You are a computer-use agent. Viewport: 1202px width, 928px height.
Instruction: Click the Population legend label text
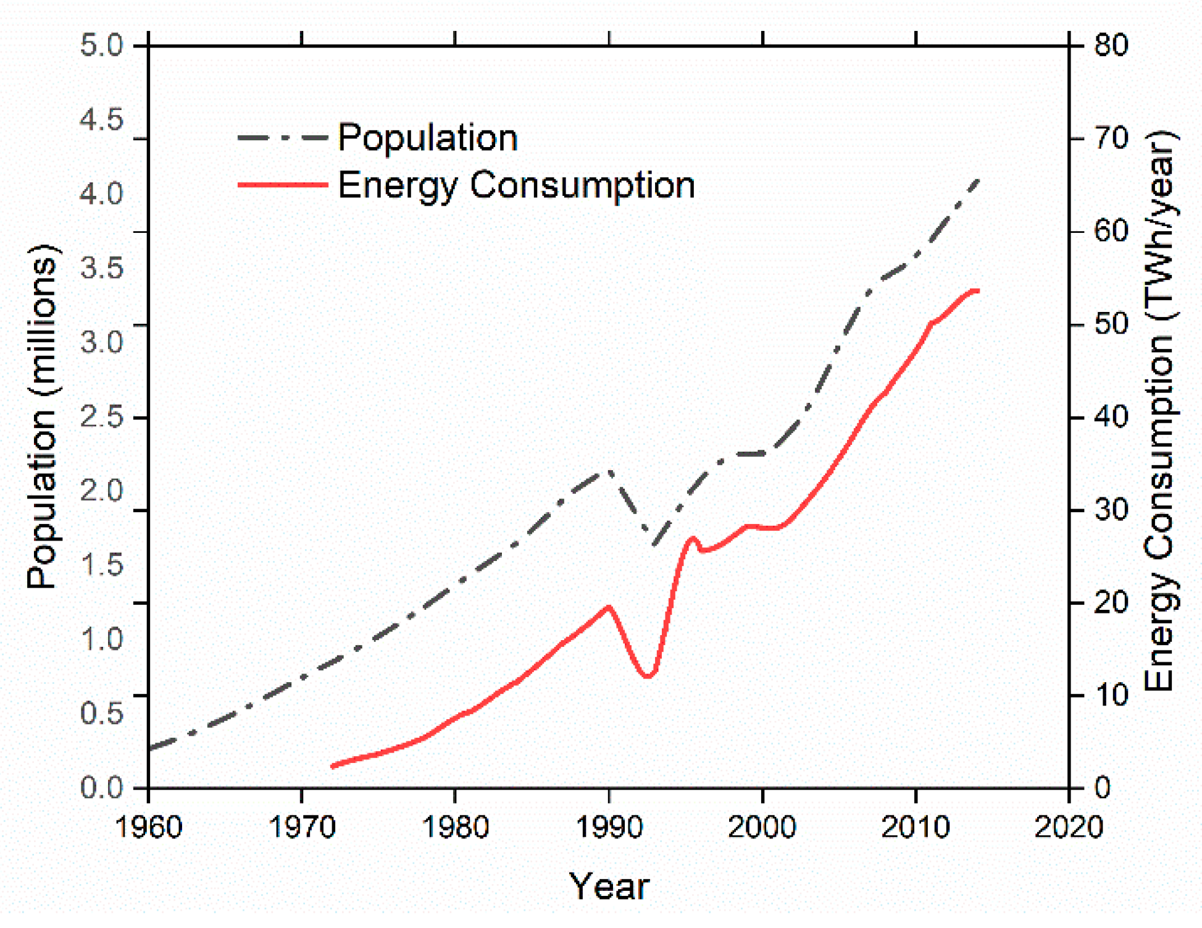coord(427,137)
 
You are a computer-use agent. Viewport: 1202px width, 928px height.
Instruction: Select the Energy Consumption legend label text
coord(516,185)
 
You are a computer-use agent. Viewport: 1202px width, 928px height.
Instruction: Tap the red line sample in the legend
coord(283,184)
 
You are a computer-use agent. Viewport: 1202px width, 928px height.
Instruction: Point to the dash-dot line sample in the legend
coord(283,137)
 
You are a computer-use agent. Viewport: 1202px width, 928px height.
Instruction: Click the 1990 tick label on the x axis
coord(609,827)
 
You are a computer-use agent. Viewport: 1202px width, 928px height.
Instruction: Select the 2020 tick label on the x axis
coord(1069,827)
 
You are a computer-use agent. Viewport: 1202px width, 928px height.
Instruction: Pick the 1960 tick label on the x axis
coord(149,827)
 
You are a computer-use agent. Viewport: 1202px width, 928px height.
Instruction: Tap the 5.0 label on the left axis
coord(102,46)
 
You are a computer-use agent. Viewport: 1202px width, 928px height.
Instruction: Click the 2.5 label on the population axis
coord(102,417)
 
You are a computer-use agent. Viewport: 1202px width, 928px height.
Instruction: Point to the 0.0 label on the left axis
coord(102,788)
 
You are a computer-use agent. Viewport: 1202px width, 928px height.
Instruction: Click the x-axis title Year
coord(609,886)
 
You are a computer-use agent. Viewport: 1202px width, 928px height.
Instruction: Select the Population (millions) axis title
coord(43,417)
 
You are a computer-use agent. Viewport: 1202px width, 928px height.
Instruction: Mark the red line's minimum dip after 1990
coord(648,676)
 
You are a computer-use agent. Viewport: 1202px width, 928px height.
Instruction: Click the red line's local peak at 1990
coord(609,607)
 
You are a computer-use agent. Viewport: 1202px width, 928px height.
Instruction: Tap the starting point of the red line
coord(333,766)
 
